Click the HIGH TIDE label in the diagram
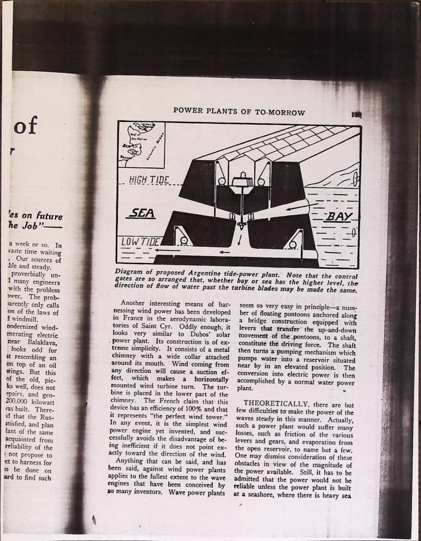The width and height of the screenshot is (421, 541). pyautogui.click(x=149, y=180)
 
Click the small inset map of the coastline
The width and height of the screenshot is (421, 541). pyautogui.click(x=141, y=144)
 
